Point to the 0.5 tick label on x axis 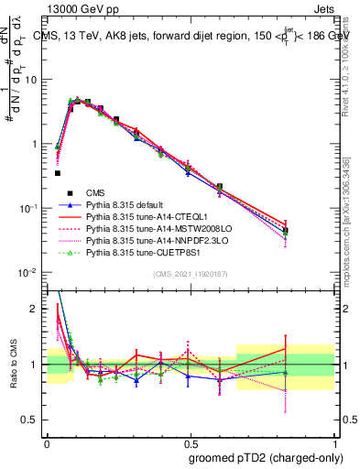click(x=191, y=442)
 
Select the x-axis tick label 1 click(x=335, y=442)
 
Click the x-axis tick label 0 click(x=46, y=442)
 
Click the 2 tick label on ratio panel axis click(x=37, y=309)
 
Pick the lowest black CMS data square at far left click(x=57, y=172)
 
